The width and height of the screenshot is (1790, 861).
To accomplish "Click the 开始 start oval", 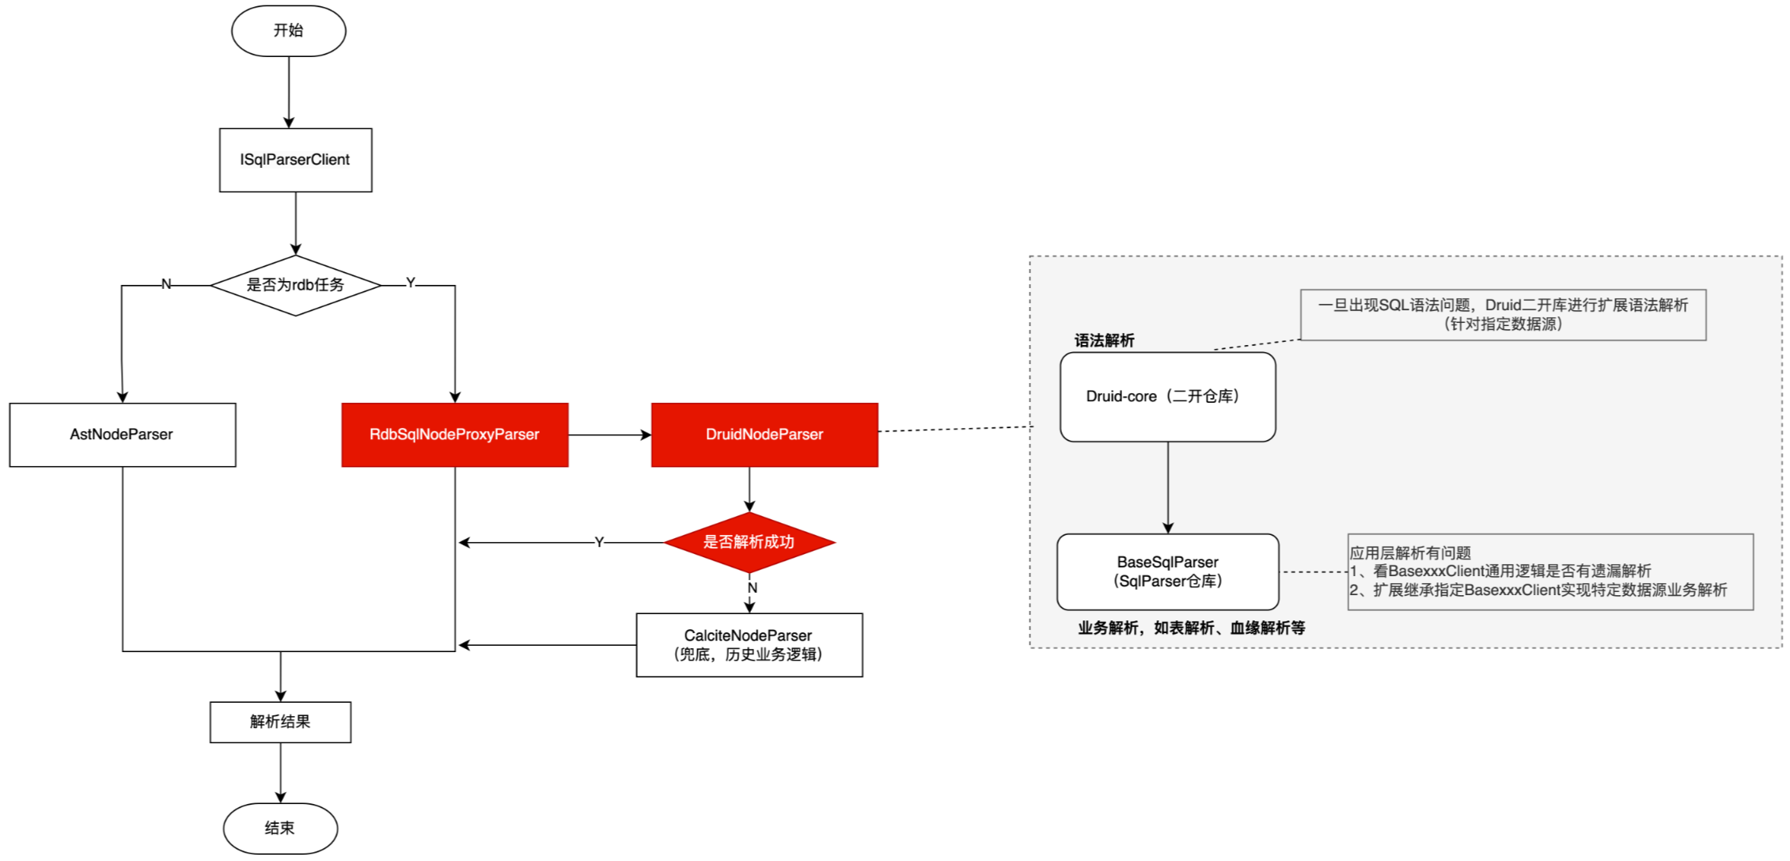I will click(288, 31).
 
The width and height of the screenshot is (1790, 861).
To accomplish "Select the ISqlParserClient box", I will click(295, 160).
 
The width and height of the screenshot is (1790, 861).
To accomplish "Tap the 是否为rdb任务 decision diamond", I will click(295, 285).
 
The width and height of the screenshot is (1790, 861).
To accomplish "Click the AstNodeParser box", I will click(122, 434).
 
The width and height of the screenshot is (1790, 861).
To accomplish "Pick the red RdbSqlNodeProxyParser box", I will click(454, 434).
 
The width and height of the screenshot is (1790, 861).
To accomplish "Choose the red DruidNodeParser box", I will click(764, 434).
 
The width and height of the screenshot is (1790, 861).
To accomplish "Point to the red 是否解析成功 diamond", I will click(749, 542).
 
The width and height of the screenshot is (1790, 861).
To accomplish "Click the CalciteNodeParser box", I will click(749, 645).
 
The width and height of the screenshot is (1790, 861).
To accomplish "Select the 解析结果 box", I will click(280, 722).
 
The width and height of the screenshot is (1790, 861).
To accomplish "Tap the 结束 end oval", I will click(280, 828).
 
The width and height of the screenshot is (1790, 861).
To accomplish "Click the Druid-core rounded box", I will click(1167, 396).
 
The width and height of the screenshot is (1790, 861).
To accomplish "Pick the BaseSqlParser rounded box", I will click(1167, 571).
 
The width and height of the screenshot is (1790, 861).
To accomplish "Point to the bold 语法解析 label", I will click(1104, 340).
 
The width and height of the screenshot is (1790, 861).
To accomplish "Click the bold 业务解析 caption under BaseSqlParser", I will click(1191, 628).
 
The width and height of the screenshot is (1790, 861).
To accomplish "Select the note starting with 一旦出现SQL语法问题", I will click(1502, 314).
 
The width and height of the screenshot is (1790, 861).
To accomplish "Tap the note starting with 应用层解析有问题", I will click(1549, 571).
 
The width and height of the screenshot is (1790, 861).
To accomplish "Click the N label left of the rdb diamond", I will click(166, 284).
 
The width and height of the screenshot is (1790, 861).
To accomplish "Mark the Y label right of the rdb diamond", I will click(410, 283).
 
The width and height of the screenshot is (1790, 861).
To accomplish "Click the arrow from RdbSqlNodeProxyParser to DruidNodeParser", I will click(609, 434).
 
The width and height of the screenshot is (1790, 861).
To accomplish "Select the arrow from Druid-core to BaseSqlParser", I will click(1168, 487).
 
